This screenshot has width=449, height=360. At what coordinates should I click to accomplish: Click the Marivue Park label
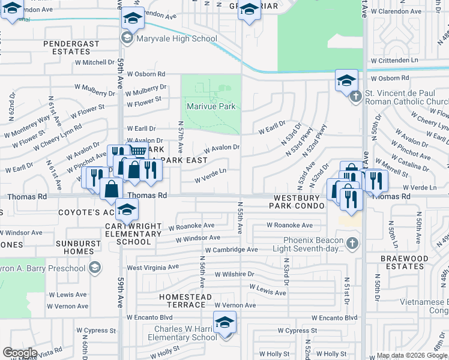[211, 107]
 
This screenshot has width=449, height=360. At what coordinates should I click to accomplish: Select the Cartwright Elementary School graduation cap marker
[127, 210]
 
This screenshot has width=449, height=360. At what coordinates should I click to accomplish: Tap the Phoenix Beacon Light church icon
[352, 244]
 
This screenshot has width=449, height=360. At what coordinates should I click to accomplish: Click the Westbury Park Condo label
[300, 202]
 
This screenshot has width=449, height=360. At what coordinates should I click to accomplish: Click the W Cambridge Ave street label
[231, 250]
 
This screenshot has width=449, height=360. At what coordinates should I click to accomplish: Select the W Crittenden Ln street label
[394, 61]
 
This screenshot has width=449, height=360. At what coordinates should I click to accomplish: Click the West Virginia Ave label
[152, 267]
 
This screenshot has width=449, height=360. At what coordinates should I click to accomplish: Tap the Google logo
[20, 353]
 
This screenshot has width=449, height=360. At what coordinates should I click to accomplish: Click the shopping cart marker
[139, 151]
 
